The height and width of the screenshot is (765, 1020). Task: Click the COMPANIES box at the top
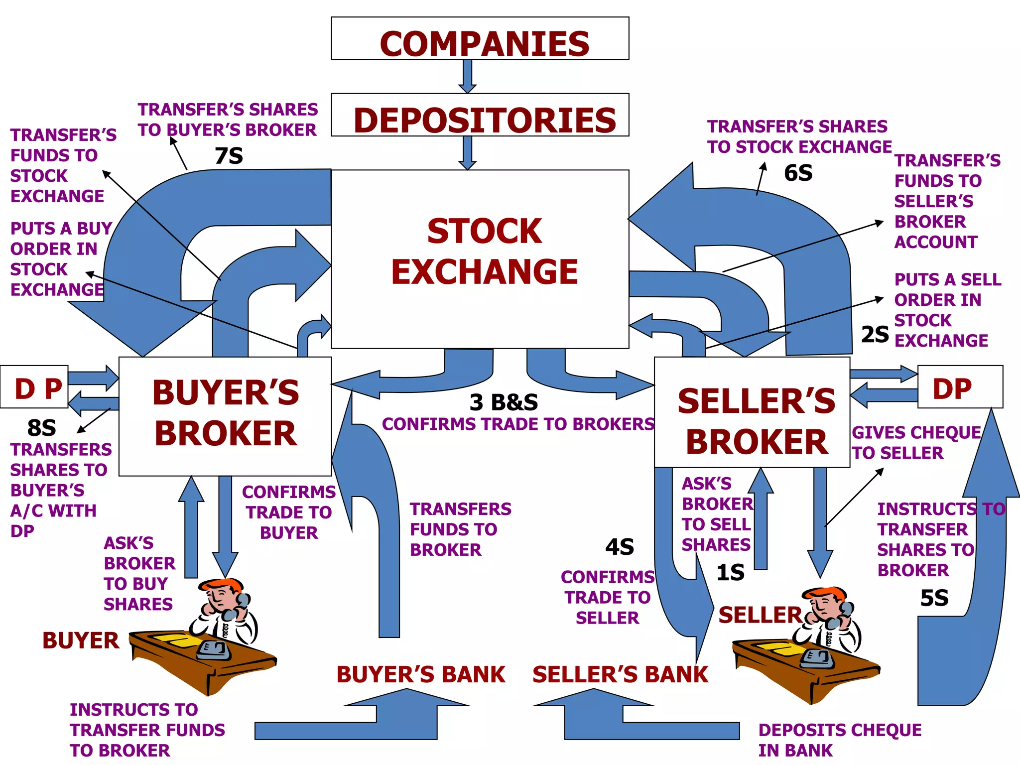[480, 39]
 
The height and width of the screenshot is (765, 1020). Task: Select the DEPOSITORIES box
[480, 115]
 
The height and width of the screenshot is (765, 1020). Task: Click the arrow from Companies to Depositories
[467, 76]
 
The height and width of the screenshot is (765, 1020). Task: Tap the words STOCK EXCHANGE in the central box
[484, 252]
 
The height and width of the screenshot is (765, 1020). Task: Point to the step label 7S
[229, 156]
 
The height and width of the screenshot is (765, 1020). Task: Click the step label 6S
[798, 173]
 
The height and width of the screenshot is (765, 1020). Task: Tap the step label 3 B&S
[504, 402]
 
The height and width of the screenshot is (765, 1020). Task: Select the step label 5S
[934, 598]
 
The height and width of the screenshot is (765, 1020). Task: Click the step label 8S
[41, 428]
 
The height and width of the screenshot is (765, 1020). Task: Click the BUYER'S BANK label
[421, 674]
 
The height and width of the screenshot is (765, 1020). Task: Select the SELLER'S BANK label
[620, 674]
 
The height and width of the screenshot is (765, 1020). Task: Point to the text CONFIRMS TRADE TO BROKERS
[518, 424]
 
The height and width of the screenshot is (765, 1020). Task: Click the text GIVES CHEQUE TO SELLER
[915, 442]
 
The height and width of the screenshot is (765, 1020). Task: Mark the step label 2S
[875, 334]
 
